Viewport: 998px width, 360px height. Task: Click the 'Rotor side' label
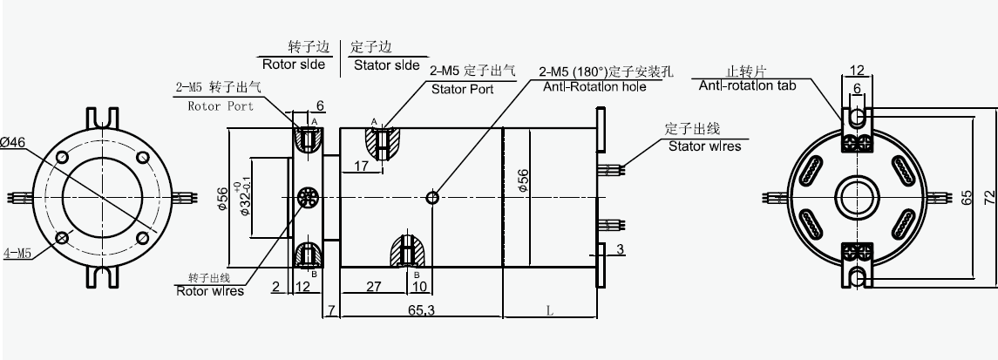coord(293,65)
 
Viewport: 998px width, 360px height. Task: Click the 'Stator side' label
coord(385,65)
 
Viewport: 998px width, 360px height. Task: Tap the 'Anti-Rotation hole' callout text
coord(594,87)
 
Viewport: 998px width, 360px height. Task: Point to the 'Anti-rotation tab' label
coord(747,85)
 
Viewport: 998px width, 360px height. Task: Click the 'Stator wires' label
coord(704,146)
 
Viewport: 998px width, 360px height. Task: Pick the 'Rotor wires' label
coord(210,291)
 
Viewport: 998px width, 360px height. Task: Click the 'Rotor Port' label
coord(221,106)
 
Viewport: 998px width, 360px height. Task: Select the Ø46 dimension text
coord(13,140)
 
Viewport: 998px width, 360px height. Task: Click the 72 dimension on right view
coord(988,198)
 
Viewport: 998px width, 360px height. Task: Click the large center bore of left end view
coord(103,198)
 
